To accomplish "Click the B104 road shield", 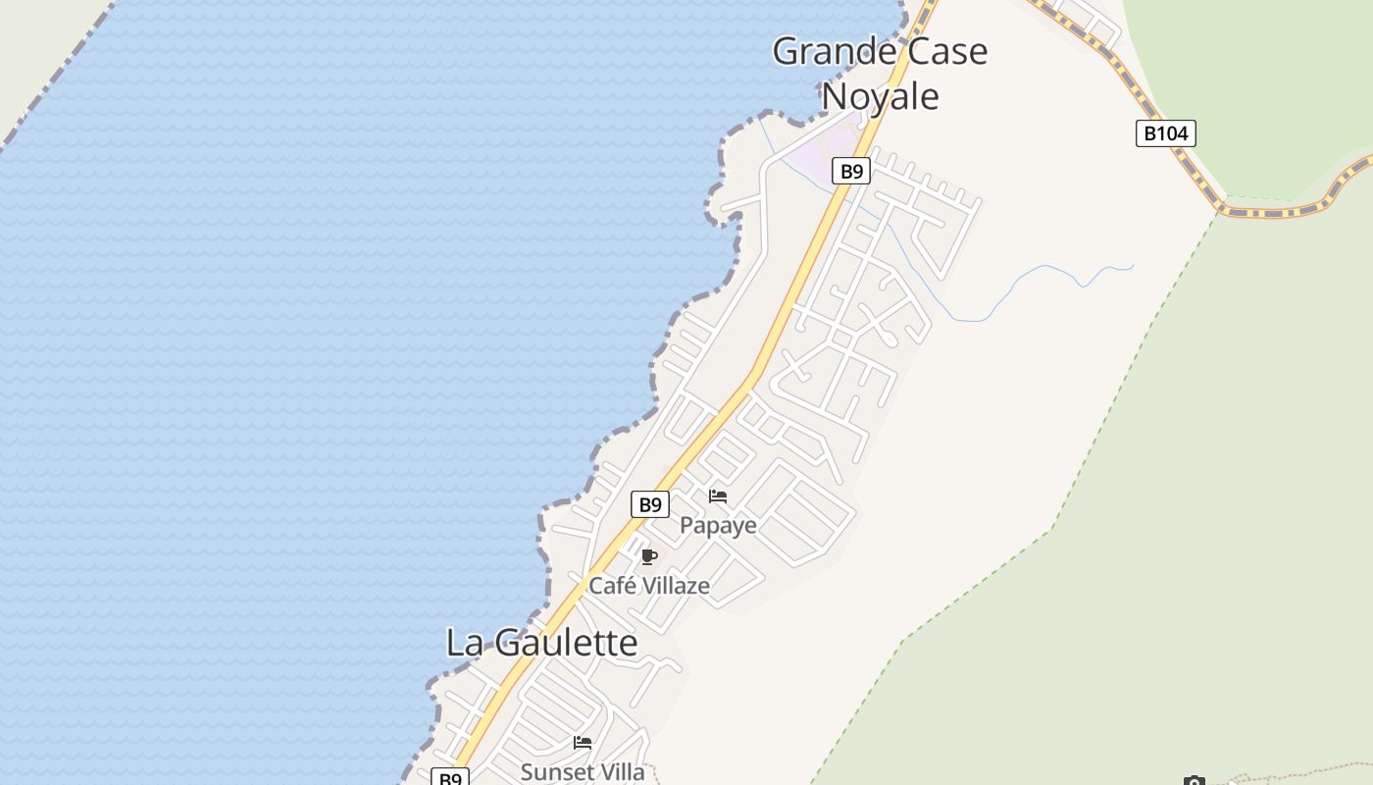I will (x=1166, y=133).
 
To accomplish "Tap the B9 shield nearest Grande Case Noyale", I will (x=851, y=172).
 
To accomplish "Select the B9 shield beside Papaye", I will (x=649, y=505).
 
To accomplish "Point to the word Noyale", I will (x=880, y=96).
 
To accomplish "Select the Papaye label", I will (x=718, y=526).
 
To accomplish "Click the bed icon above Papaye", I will (x=718, y=497).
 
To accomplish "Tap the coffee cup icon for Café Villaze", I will (x=648, y=557).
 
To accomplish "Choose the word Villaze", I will (x=675, y=586).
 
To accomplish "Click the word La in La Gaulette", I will (x=464, y=644).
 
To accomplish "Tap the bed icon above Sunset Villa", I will (x=583, y=743).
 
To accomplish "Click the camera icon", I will (x=1194, y=781).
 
